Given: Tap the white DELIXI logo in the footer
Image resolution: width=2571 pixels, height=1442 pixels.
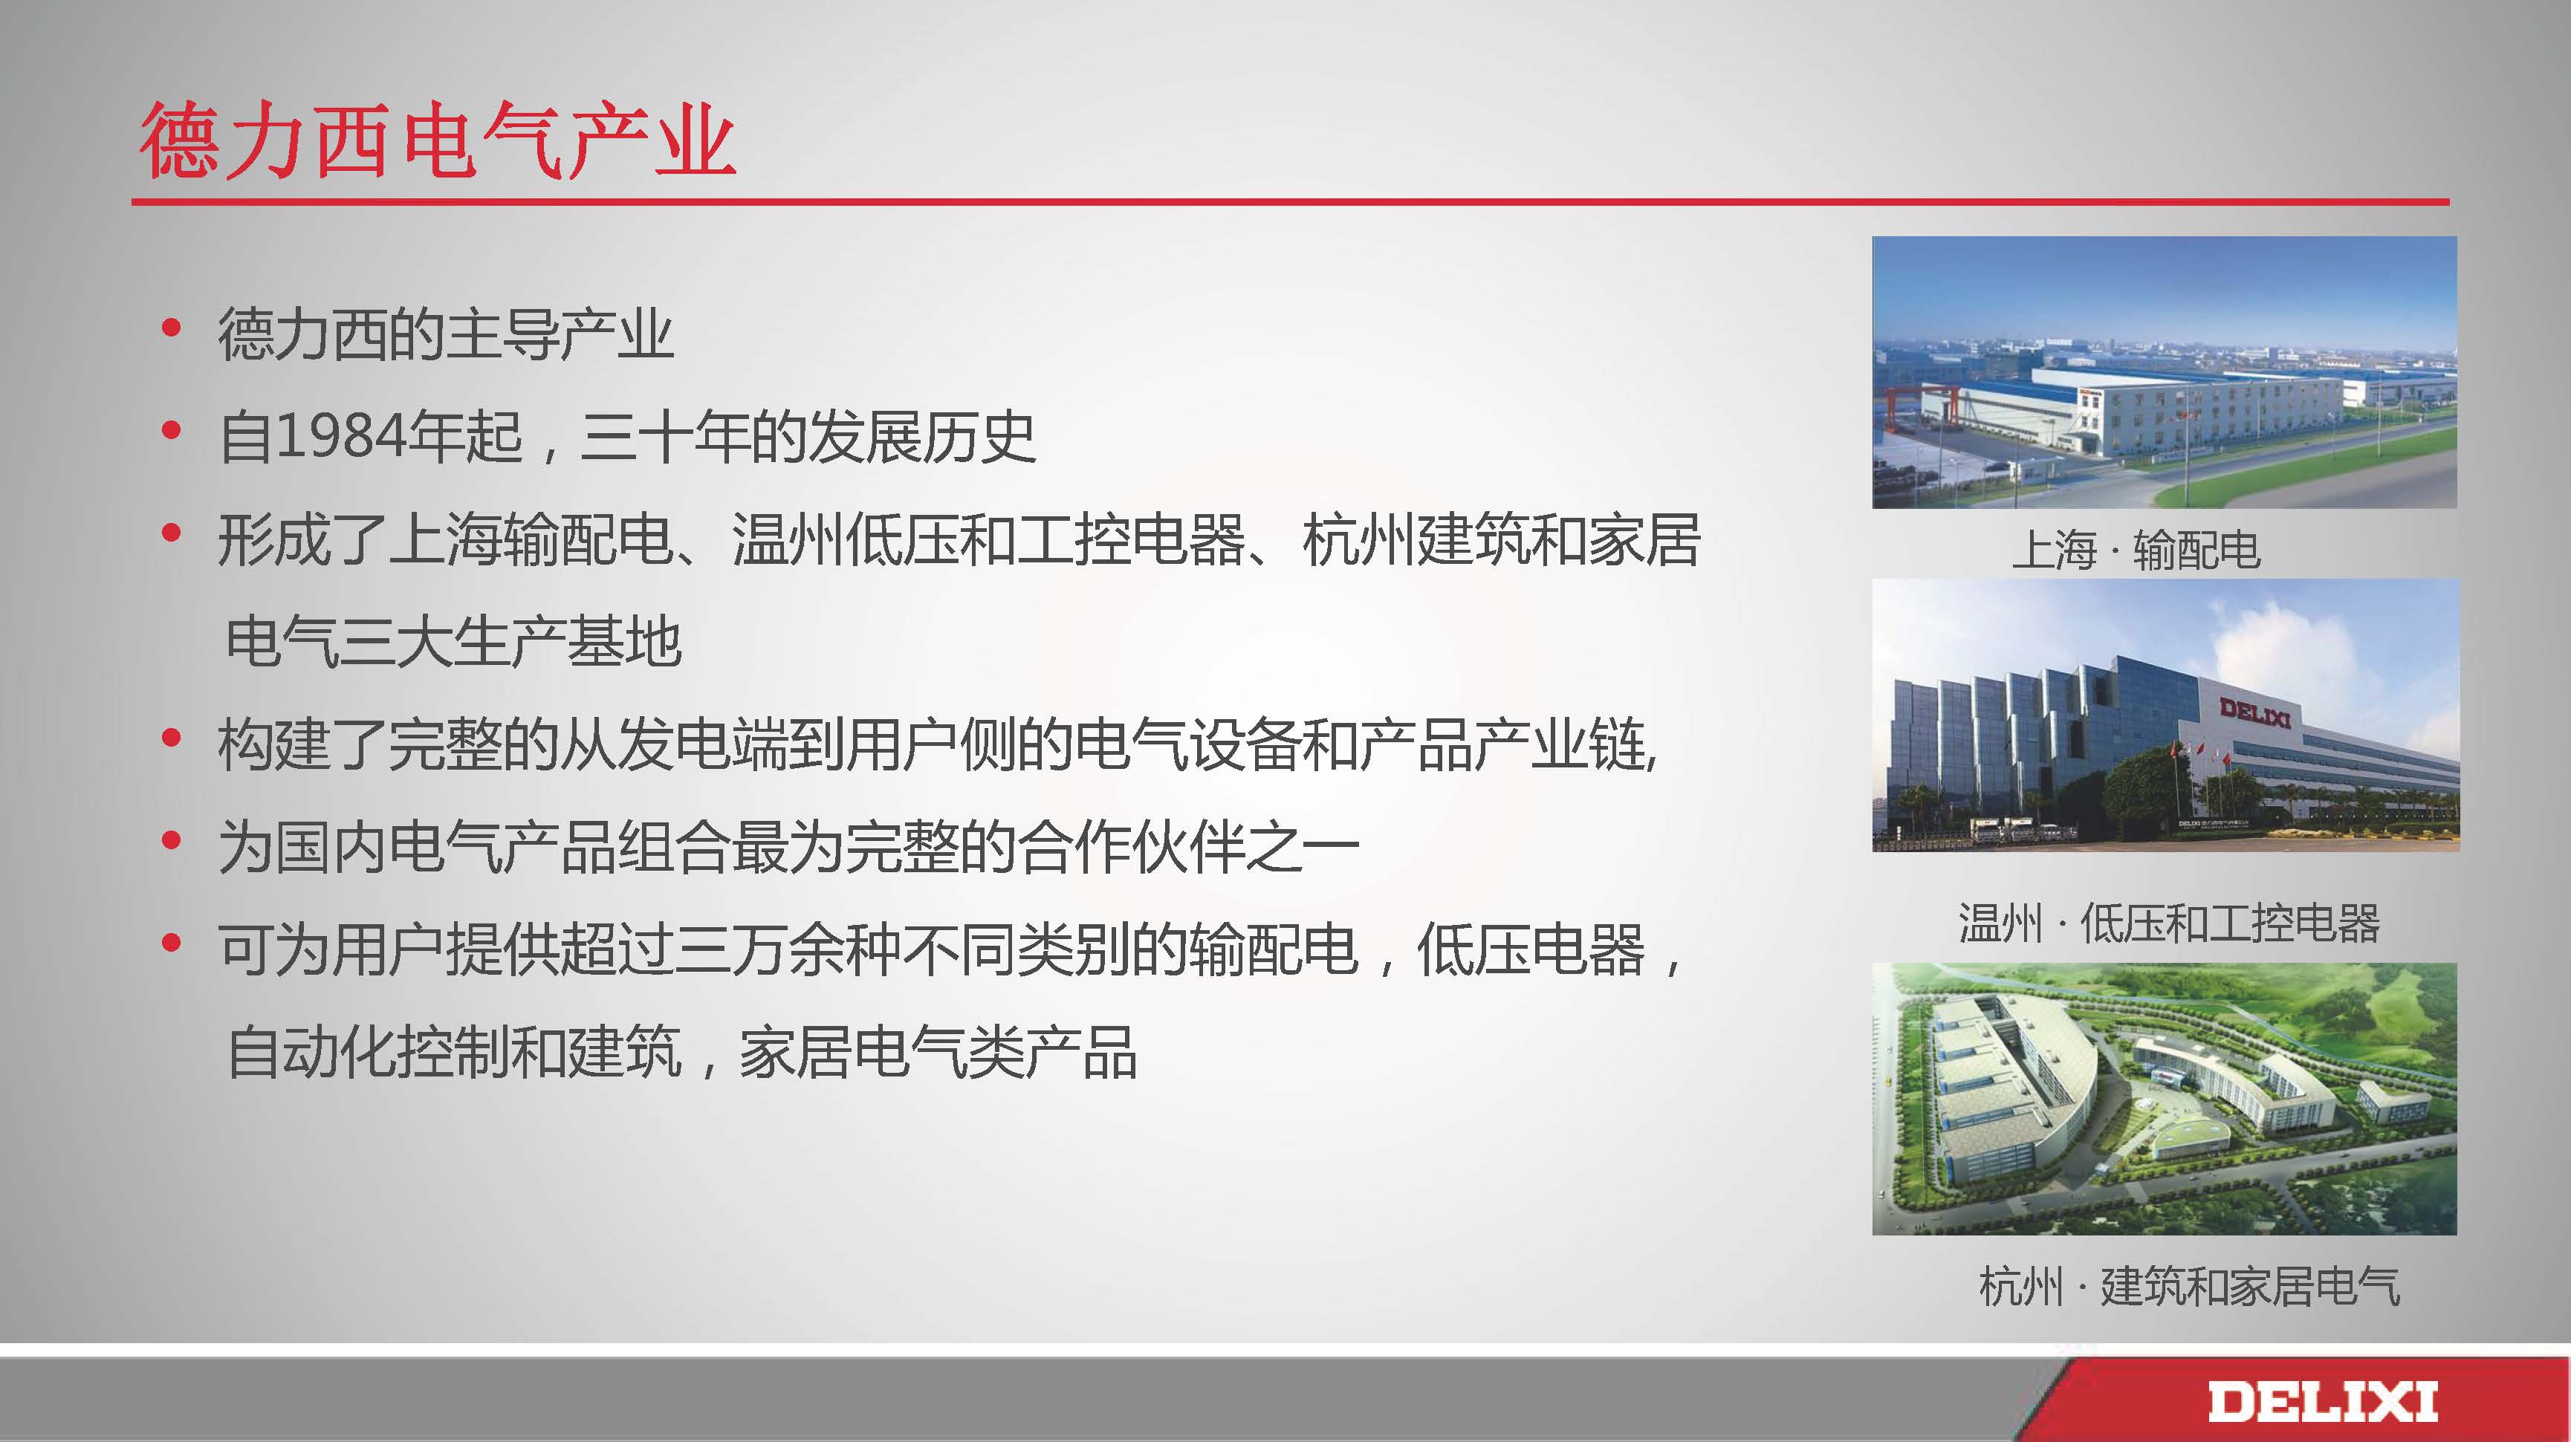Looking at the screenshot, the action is click(2321, 1401).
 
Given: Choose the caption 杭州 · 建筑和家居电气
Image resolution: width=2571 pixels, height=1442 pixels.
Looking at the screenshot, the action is click(2190, 1285).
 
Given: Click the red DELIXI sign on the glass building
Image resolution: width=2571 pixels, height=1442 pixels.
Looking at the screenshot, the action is click(2254, 712).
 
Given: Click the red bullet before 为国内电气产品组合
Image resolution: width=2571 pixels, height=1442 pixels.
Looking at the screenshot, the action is click(171, 840).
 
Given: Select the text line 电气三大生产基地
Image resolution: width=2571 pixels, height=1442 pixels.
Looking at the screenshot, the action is click(454, 642).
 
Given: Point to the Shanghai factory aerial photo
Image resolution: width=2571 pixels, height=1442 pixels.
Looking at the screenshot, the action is click(2164, 372).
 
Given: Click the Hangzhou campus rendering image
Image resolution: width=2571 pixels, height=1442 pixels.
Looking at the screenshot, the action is click(2164, 1099).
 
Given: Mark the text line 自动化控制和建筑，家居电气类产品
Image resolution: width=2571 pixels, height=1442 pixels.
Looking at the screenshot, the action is click(681, 1052).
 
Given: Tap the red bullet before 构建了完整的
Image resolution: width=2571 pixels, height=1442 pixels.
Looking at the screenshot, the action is click(171, 738).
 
